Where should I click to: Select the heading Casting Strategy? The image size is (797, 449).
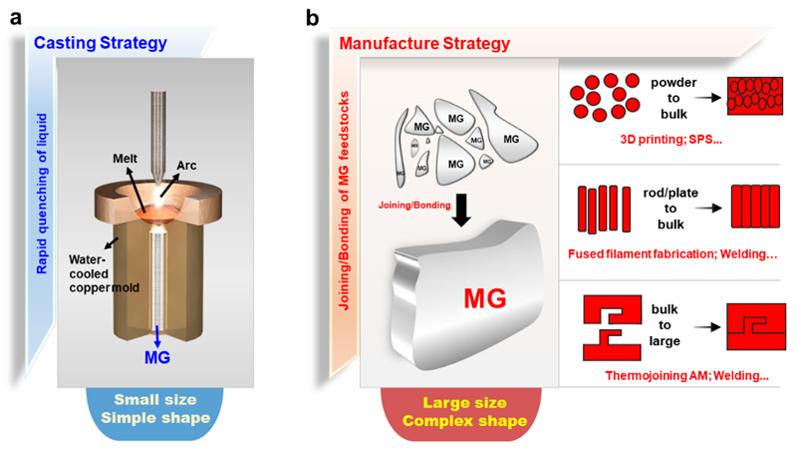coord(99,43)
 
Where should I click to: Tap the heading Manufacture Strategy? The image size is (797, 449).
coord(425,44)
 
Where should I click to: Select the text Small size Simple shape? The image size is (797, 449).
coord(148,410)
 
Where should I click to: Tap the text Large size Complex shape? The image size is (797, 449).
coord(461,410)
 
